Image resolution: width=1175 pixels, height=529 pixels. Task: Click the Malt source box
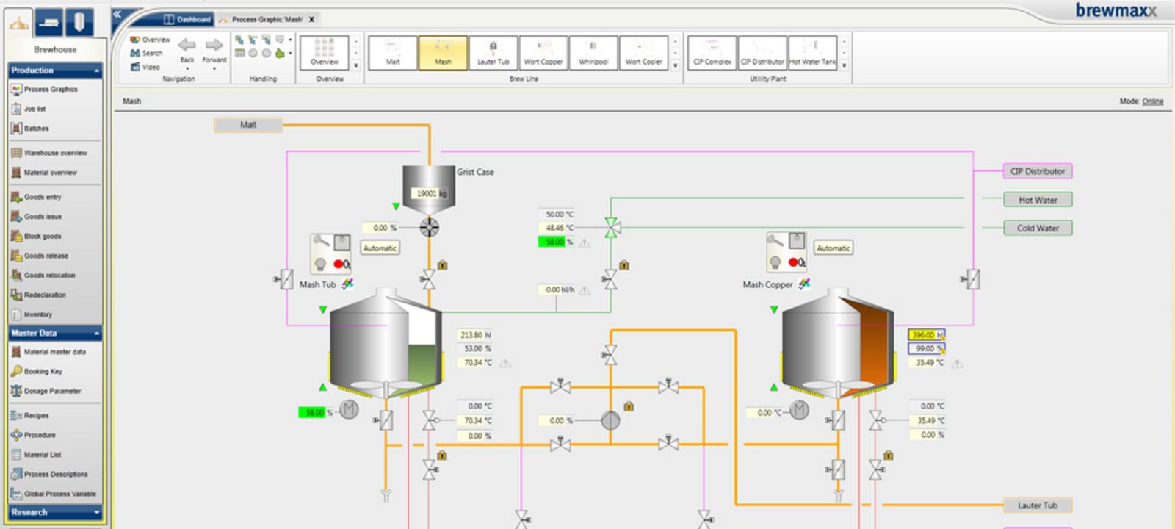[248, 125]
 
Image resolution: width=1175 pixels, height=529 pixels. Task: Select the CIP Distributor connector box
[1037, 171]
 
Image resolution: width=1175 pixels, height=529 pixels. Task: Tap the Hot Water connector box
[1037, 200]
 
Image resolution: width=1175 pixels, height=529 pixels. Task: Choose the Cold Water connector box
[1037, 228]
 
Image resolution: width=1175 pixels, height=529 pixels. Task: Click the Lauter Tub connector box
[1037, 505]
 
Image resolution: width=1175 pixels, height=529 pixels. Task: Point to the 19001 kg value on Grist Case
[431, 194]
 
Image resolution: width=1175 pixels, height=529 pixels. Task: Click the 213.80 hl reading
[475, 335]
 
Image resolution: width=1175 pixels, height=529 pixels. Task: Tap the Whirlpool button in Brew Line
[593, 53]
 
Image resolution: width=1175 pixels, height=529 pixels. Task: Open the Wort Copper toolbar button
[543, 53]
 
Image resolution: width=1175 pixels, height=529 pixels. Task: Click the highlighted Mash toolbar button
[443, 53]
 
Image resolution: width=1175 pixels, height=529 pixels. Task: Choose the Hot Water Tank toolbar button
[813, 53]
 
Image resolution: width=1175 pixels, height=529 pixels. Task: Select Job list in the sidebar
[35, 109]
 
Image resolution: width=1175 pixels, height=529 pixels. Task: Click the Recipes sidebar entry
[36, 416]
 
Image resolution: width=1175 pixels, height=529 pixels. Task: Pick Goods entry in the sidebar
[42, 197]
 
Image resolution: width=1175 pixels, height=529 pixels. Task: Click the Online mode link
[1152, 101]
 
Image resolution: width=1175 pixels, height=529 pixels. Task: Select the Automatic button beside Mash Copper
[834, 248]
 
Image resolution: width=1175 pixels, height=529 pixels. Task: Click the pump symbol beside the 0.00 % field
[610, 421]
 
